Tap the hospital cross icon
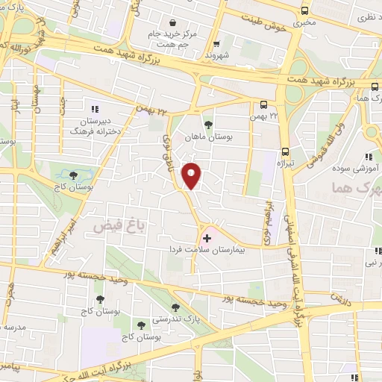(x=207, y=238)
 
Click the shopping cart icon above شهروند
(x=216, y=43)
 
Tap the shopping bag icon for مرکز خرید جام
(x=173, y=22)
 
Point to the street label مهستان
(x=35, y=93)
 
